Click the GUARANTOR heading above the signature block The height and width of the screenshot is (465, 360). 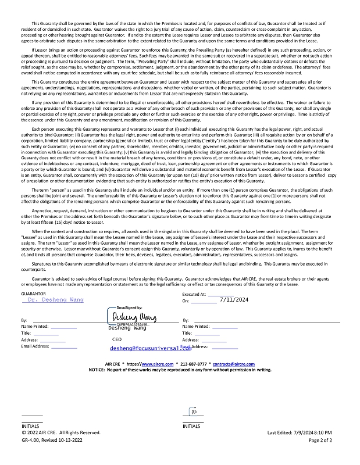(x=34, y=295)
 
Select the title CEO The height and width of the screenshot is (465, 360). (x=117, y=339)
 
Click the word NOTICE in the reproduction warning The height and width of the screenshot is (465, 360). (x=97, y=370)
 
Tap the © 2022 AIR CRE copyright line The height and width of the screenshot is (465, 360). (x=61, y=432)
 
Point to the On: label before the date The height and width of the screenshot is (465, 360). (x=186, y=301)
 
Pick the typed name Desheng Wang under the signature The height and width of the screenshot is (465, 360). (x=127, y=328)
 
